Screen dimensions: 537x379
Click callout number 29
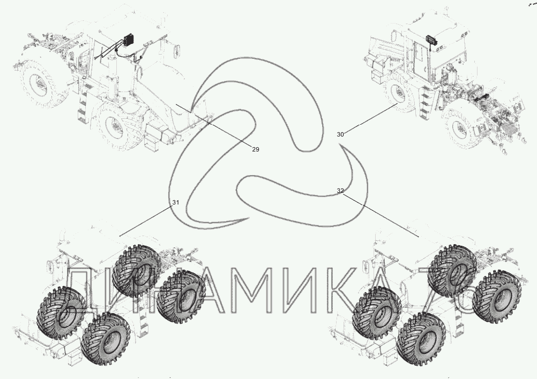(256, 149)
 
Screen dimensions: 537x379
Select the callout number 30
(340, 134)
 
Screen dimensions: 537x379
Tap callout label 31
(175, 202)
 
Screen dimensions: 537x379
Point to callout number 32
(340, 191)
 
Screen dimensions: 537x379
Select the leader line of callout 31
(145, 221)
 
